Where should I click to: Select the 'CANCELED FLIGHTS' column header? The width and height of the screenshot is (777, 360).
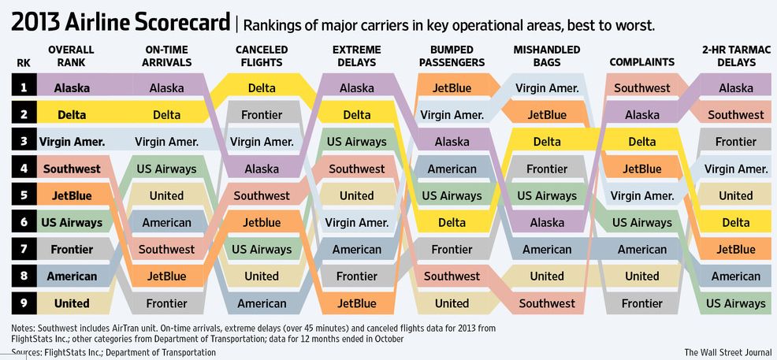tap(262, 56)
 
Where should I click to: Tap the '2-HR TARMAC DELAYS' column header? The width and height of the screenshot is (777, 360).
tap(735, 56)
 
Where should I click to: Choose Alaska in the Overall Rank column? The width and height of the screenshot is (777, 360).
tap(71, 88)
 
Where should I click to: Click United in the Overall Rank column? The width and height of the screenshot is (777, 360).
tap(71, 303)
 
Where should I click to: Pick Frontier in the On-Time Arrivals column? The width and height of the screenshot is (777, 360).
tap(166, 303)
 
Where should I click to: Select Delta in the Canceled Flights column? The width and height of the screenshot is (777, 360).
tap(262, 88)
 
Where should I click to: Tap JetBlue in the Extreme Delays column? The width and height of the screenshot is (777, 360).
tap(357, 303)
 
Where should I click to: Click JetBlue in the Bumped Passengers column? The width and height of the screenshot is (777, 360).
tap(452, 88)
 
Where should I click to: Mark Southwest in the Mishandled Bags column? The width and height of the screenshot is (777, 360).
tap(547, 303)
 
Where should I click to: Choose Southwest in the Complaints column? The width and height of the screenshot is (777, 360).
tap(641, 88)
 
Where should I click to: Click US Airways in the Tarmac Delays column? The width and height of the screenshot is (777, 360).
tap(735, 303)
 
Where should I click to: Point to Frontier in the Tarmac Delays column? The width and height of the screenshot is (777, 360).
tap(735, 142)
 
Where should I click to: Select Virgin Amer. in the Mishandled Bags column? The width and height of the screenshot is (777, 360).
tap(547, 88)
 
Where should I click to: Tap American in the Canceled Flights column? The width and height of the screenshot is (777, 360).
tap(262, 303)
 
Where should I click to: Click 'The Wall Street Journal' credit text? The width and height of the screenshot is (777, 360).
tap(725, 352)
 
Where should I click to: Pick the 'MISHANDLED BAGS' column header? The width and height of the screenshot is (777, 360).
tap(547, 56)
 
